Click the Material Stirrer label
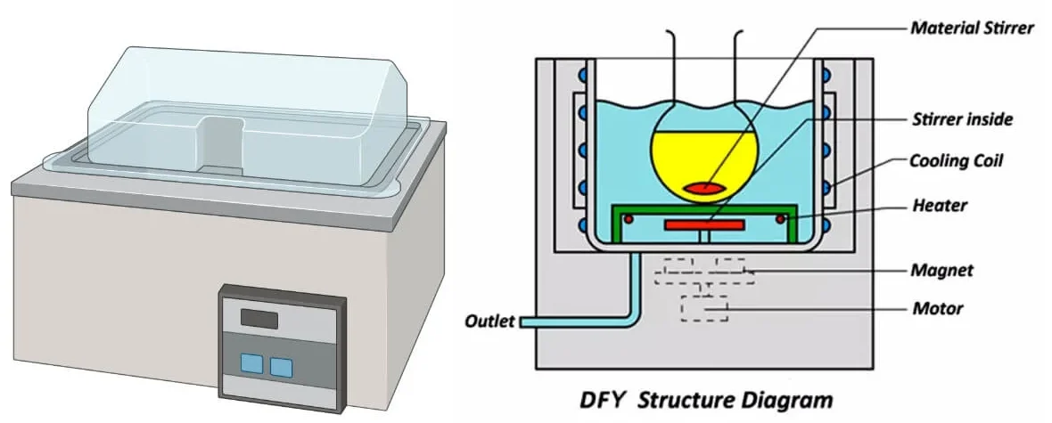pos(972,28)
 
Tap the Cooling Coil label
pos(957,161)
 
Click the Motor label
pos(937,309)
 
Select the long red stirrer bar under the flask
pos(704,225)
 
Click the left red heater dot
pos(629,219)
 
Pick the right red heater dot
pos(781,219)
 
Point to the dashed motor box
pos(704,307)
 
